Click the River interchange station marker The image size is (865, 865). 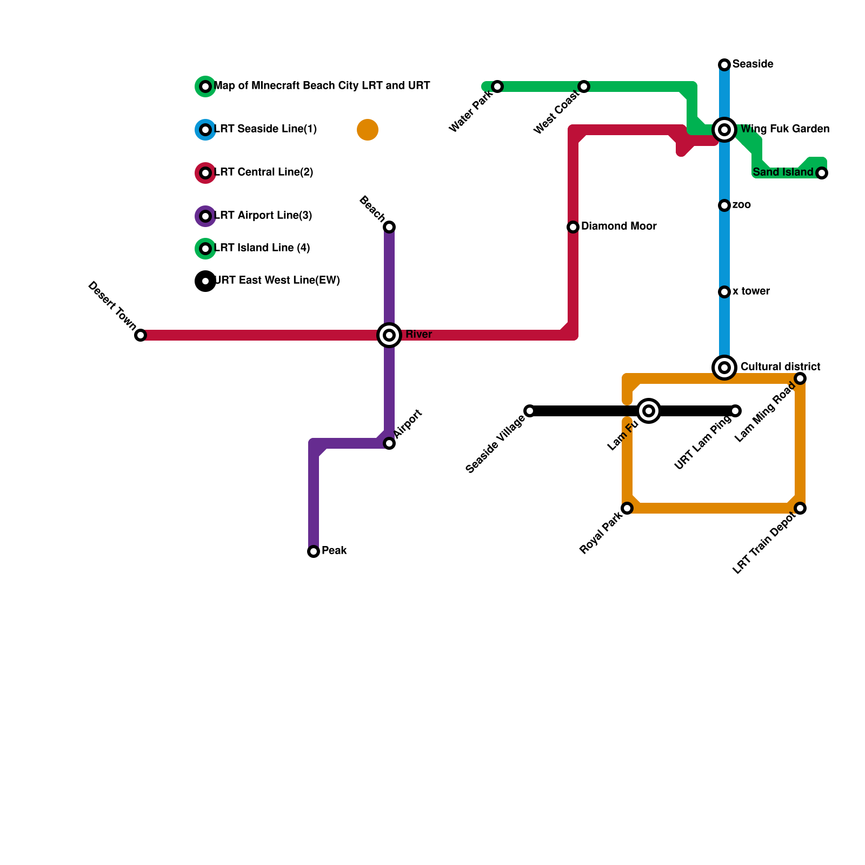pos(389,335)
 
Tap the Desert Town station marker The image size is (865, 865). pos(141,335)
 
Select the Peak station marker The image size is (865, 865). pos(314,551)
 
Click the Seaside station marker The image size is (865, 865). pos(724,65)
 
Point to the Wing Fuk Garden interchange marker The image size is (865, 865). pos(724,130)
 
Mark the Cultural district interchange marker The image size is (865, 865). pos(724,368)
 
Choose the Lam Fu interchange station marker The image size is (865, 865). pos(649,411)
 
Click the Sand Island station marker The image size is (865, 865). pos(822,173)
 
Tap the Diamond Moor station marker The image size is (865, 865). pos(573,227)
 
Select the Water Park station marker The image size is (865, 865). pos(497,86)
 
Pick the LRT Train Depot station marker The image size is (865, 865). pos(800,508)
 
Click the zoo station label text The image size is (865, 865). pos(742,205)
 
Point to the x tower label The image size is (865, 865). pos(751,291)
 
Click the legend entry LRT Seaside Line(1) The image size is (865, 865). pos(265,129)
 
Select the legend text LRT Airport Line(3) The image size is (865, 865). pos(263,216)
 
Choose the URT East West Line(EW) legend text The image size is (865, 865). pos(277,281)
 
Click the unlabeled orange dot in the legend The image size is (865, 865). pos(368,130)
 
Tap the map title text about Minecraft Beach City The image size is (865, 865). pos(322,86)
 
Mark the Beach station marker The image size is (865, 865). pos(389,227)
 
